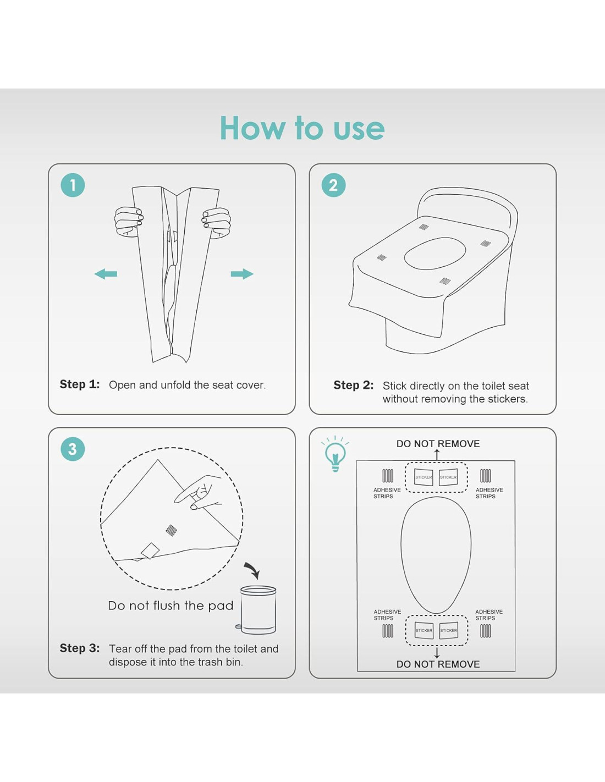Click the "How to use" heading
coord(302,128)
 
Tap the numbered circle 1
coord(73,185)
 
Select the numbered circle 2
coord(333,185)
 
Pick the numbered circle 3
coord(73,449)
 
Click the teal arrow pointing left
coord(106,274)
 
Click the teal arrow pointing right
coord(242,274)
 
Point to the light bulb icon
coord(335,454)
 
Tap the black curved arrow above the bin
coord(252,570)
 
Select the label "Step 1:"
coord(80,384)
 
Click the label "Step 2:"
coord(354,385)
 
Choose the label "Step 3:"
coord(80,648)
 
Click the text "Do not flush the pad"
coord(170,605)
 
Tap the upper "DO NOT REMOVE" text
coord(438,444)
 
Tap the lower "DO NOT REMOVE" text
coord(438,664)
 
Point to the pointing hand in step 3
coord(199,493)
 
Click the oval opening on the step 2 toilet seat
coord(435,254)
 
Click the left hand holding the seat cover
coord(129,222)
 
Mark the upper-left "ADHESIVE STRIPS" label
coord(387,493)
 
